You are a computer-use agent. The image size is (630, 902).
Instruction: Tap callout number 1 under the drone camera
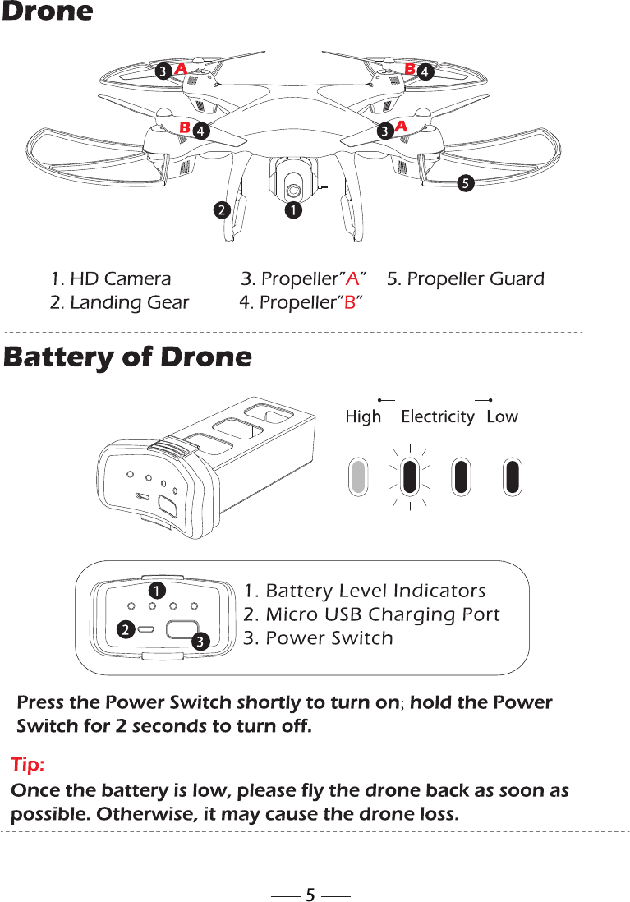pyautogui.click(x=292, y=211)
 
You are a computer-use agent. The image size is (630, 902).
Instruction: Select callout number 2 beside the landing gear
pyautogui.click(x=219, y=210)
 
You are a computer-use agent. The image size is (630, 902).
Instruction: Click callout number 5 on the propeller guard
pyautogui.click(x=465, y=183)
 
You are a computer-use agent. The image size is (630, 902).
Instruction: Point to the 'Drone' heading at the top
pyautogui.click(x=48, y=12)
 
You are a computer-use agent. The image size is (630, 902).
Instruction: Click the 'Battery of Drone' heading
pyautogui.click(x=127, y=357)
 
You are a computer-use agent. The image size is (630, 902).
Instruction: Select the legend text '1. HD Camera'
pyautogui.click(x=111, y=279)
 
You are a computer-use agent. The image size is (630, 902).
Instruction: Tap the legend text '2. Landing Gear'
pyautogui.click(x=119, y=302)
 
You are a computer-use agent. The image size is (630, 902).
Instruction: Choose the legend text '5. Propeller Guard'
pyautogui.click(x=465, y=279)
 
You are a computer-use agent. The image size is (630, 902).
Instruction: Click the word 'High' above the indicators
pyautogui.click(x=363, y=416)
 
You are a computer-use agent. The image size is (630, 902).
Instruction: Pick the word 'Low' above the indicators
pyautogui.click(x=502, y=416)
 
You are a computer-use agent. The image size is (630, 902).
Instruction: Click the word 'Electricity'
pyautogui.click(x=438, y=416)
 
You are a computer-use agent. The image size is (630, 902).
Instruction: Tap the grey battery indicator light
pyautogui.click(x=359, y=476)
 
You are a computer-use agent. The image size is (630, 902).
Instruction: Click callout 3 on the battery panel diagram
pyautogui.click(x=200, y=640)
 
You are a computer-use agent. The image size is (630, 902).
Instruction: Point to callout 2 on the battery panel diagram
pyautogui.click(x=123, y=630)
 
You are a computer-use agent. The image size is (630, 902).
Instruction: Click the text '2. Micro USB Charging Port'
pyautogui.click(x=372, y=614)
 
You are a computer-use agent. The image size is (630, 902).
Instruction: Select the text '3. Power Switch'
pyautogui.click(x=319, y=638)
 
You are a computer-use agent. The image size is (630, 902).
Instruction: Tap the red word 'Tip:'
pyautogui.click(x=28, y=766)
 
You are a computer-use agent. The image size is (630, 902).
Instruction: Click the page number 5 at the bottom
pyautogui.click(x=310, y=895)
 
